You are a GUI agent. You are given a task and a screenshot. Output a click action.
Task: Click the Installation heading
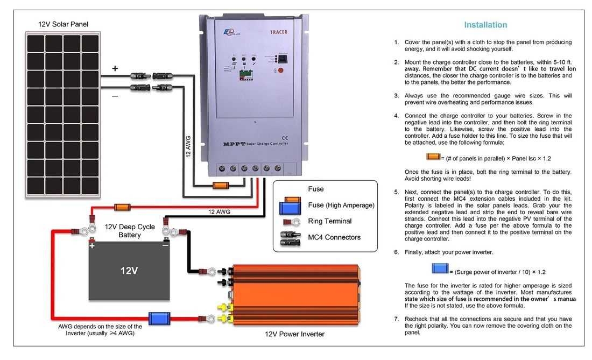click(485, 25)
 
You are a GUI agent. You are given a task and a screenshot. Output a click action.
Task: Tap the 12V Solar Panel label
click(63, 24)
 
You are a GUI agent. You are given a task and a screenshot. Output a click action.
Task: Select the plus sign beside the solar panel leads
click(115, 69)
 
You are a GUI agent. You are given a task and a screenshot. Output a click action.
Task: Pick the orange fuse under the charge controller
click(221, 186)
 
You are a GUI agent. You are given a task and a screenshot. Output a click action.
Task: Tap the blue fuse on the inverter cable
click(159, 318)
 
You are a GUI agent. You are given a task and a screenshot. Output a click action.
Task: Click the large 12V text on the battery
click(129, 271)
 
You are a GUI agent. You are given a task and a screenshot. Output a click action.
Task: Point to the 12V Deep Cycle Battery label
click(129, 231)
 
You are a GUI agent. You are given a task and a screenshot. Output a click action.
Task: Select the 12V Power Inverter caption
click(294, 334)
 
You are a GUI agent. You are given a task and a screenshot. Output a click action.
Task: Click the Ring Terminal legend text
click(329, 221)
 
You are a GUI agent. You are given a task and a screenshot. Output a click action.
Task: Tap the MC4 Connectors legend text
click(334, 237)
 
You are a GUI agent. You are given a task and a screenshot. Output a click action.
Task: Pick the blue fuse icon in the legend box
click(290, 206)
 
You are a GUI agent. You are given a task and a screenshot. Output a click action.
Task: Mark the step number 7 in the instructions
click(396, 319)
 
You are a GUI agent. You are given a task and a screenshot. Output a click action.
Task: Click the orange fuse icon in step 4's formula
click(433, 157)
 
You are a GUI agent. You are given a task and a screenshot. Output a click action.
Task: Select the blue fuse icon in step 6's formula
click(440, 268)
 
